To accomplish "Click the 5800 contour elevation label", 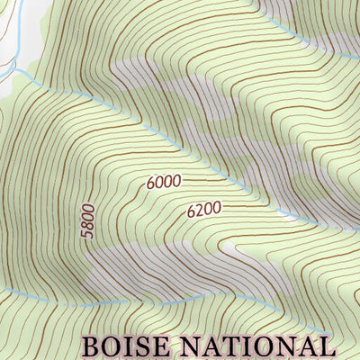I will click(x=87, y=219).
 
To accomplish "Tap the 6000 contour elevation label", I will click(x=163, y=181).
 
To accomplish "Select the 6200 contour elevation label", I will click(x=204, y=211).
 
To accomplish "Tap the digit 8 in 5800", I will click(x=87, y=224).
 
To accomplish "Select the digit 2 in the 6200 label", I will click(x=199, y=212).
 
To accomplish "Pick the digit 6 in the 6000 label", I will click(x=150, y=184).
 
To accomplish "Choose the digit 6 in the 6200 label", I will click(x=191, y=214).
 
